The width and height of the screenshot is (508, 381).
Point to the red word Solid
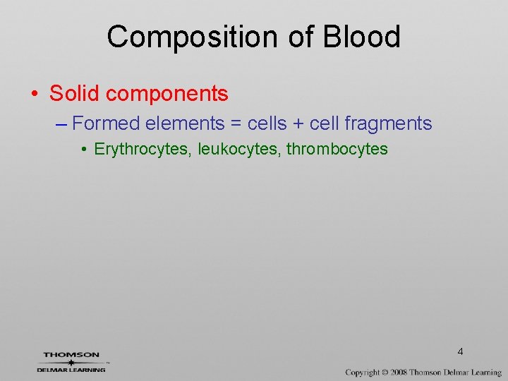coord(74,93)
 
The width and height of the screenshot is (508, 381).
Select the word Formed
coord(107,123)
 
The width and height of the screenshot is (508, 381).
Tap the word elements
coord(184,123)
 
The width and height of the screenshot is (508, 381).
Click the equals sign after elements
coord(236,124)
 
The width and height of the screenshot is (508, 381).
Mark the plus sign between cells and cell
coord(300,124)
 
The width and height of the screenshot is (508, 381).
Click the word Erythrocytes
coord(144,150)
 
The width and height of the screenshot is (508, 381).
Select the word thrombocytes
coord(337,150)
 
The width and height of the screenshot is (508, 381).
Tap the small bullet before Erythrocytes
coord(84,150)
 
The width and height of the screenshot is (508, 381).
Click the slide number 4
coord(460,351)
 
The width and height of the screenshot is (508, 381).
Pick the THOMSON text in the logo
coord(71,355)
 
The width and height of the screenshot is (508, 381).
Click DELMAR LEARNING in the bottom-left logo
coord(71,369)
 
